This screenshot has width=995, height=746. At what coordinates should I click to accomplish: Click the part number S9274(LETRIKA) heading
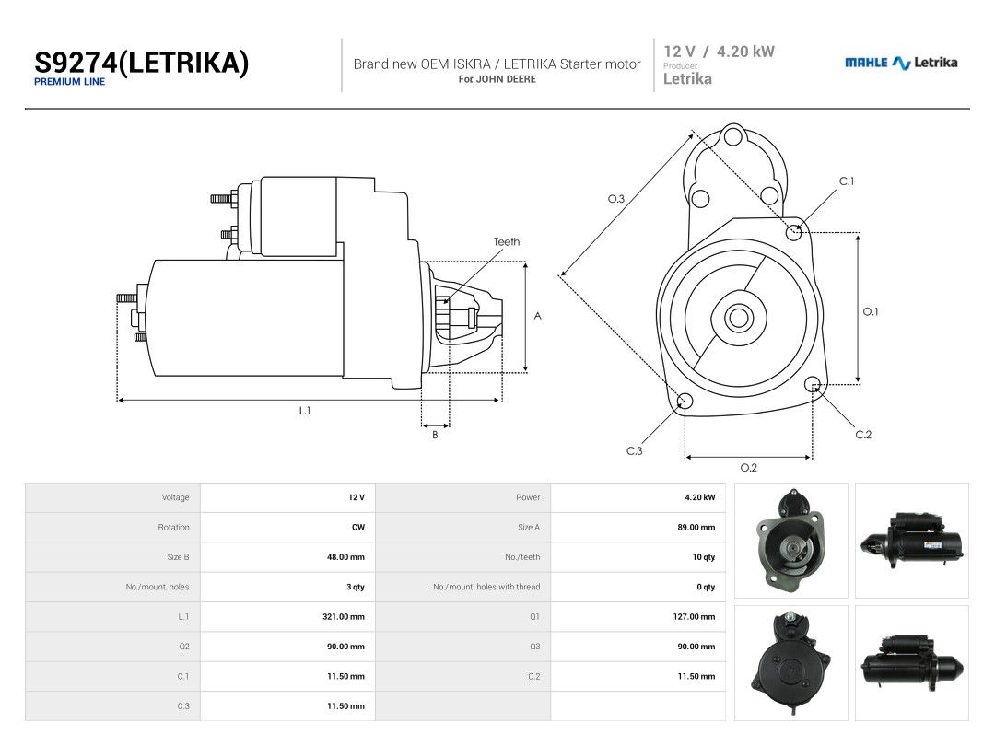pos(141,63)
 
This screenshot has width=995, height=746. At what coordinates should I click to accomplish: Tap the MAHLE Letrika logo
pos(900,63)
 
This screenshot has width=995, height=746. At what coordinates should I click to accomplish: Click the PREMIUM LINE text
pos(69,82)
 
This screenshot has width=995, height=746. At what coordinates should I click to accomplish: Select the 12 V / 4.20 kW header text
pos(719,52)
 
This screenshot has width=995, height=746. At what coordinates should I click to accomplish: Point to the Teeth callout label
pos(507,241)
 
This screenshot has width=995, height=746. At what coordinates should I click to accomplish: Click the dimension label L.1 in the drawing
pos(305,411)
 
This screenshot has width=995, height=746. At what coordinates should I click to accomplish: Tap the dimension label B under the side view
pos(435,435)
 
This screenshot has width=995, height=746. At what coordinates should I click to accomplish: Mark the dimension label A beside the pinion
pos(537,316)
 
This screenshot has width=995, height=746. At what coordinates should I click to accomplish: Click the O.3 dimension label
pos(616,199)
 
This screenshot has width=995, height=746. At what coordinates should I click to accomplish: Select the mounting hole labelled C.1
pos(794,232)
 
